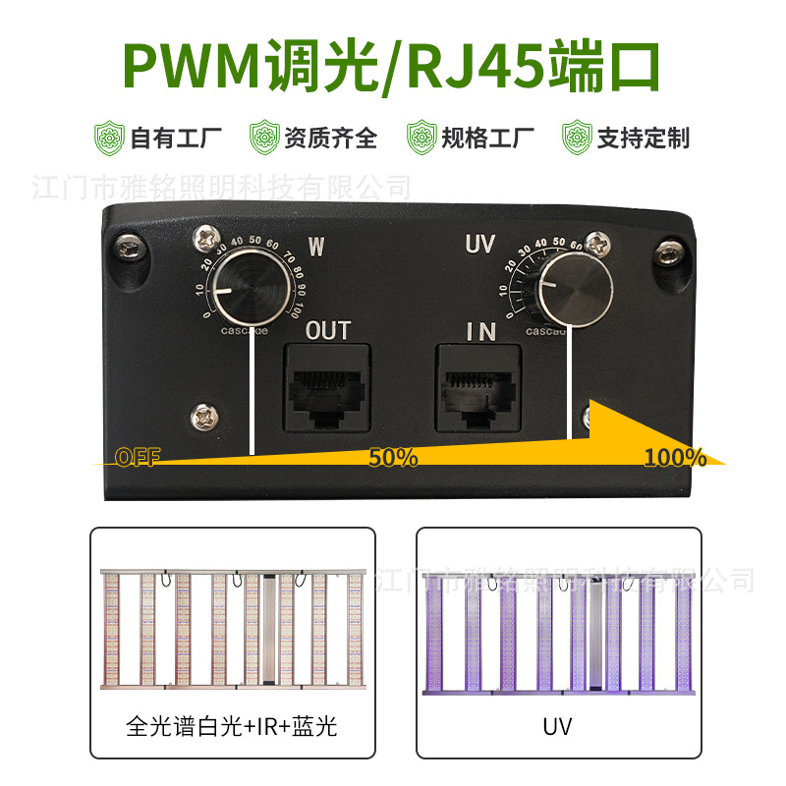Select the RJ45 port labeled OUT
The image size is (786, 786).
click(327, 390)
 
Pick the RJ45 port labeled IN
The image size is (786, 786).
click(478, 390)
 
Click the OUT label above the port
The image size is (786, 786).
click(327, 331)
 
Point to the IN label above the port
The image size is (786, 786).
click(480, 332)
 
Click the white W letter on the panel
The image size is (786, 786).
click(316, 246)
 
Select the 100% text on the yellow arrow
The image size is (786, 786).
click(675, 457)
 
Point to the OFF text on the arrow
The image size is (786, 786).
click(137, 457)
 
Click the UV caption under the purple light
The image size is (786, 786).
click(557, 727)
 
